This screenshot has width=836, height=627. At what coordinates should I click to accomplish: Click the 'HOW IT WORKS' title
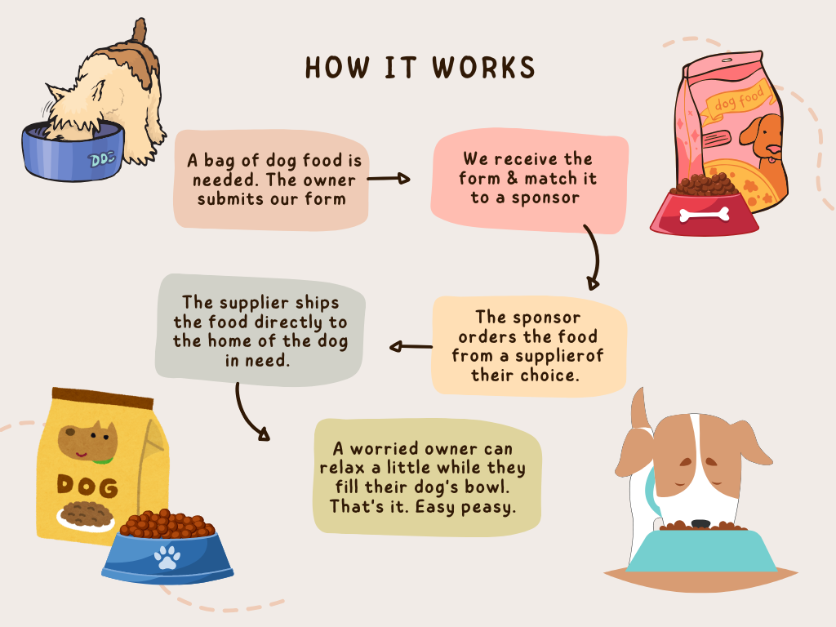(x=420, y=68)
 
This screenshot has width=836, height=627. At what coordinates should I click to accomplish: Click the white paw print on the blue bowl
(x=167, y=558)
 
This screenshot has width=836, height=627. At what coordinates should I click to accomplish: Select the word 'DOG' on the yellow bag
(x=87, y=486)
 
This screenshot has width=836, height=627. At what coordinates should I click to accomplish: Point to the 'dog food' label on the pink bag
(x=738, y=101)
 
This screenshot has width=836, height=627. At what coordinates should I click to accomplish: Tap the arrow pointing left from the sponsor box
(x=411, y=347)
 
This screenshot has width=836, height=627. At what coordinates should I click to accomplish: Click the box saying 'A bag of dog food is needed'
(x=273, y=180)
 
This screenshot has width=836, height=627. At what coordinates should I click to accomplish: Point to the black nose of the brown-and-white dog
(x=700, y=523)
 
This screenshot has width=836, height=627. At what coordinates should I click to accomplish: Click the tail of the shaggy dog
(x=140, y=33)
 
